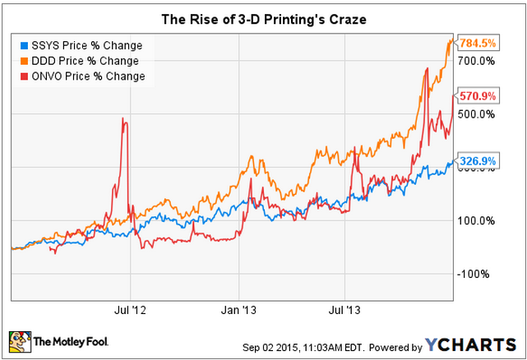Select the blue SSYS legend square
(x=25, y=45)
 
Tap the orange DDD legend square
(x=25, y=61)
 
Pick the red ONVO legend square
(x=25, y=76)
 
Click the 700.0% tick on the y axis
(x=476, y=62)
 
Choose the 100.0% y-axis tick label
(x=476, y=220)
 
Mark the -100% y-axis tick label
(x=474, y=274)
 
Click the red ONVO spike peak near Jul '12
(x=123, y=119)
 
